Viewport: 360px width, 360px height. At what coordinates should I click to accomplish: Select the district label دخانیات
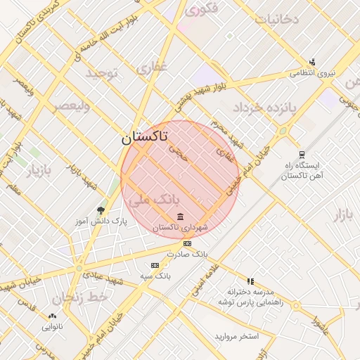pyautogui.click(x=276, y=19)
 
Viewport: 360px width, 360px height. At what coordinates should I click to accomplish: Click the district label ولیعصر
pyautogui.click(x=71, y=107)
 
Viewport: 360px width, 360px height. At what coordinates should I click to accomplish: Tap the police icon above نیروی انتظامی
pyautogui.click(x=312, y=62)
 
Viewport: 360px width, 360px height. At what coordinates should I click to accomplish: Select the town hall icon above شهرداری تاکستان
pyautogui.click(x=181, y=216)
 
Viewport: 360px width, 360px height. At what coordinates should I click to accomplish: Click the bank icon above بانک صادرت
pyautogui.click(x=187, y=243)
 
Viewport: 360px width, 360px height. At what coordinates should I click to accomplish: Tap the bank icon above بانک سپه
pyautogui.click(x=155, y=265)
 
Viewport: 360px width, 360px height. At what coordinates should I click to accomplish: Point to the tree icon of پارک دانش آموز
pyautogui.click(x=101, y=210)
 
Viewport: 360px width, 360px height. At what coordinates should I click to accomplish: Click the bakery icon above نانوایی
pyautogui.click(x=52, y=316)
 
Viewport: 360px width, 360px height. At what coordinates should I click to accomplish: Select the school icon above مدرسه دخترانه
pyautogui.click(x=250, y=281)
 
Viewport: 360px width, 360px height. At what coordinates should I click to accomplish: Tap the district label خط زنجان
pyautogui.click(x=89, y=297)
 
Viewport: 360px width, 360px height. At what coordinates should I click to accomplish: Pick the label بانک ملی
pyautogui.click(x=151, y=200)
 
